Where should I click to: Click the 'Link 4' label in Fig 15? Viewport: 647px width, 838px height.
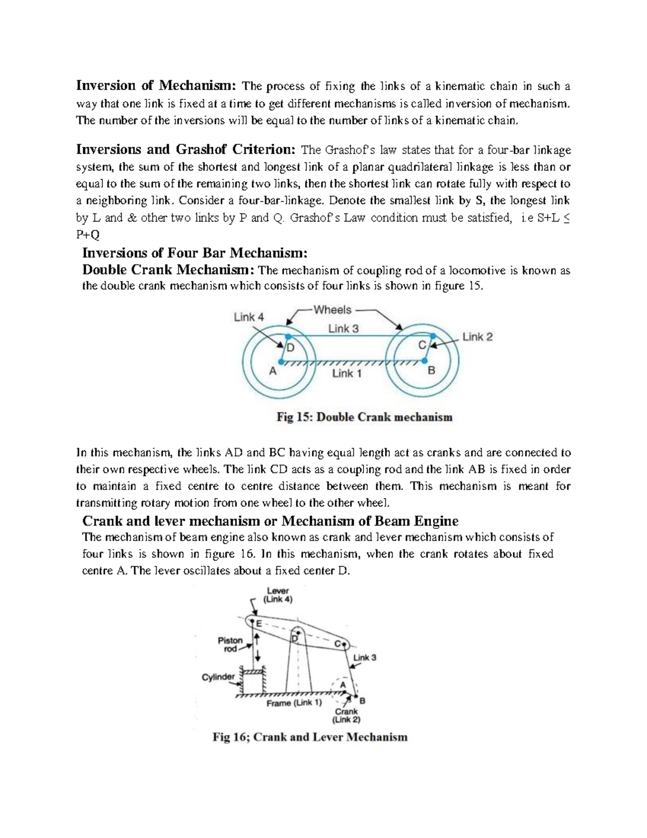coord(249,317)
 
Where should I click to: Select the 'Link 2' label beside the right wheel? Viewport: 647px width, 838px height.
coord(477,337)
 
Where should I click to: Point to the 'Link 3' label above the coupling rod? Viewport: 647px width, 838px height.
coord(343,329)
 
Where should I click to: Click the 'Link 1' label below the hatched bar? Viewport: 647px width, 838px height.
coord(347,373)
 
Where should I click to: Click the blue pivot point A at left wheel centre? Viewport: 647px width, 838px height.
coord(280,362)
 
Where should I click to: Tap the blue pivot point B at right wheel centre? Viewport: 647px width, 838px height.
coord(425,361)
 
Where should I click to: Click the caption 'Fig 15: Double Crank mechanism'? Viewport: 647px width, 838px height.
coord(364,417)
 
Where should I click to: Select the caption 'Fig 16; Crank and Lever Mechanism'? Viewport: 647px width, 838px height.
coord(310,737)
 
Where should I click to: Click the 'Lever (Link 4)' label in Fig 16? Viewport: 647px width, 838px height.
coord(278,595)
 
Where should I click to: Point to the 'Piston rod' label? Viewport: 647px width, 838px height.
coord(230,644)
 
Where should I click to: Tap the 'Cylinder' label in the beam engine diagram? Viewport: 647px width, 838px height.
coord(218,677)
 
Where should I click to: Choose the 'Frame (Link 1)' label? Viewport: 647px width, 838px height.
coord(294,703)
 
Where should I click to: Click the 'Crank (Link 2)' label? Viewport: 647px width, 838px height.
coord(346,716)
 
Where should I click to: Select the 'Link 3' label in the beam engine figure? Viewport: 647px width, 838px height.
coord(364,657)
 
